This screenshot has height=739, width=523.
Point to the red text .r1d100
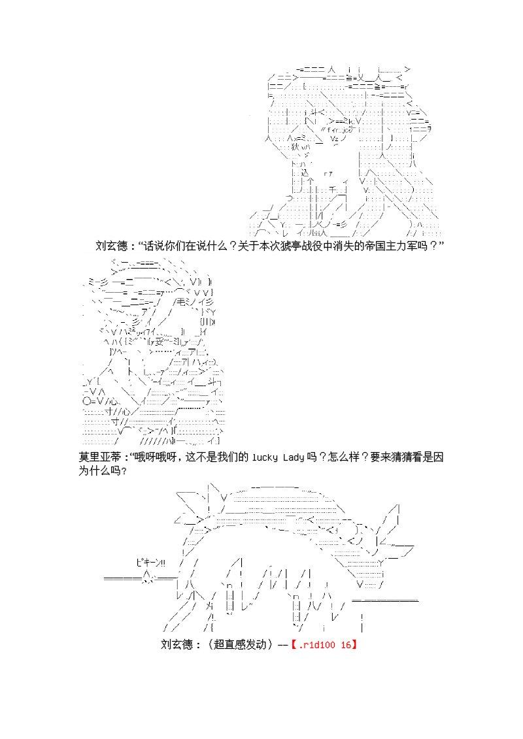318,644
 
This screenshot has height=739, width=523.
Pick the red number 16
346,644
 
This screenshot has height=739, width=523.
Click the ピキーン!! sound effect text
151,562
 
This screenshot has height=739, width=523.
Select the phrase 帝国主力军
390,246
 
